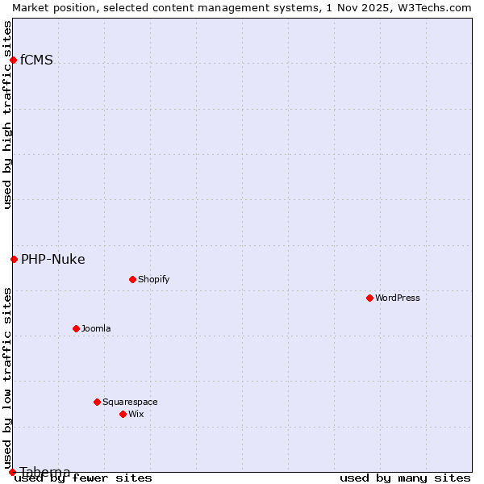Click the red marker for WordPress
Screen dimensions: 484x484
[x=369, y=298]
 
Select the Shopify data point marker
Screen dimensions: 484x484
[x=132, y=279]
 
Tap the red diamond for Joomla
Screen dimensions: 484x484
[x=76, y=328]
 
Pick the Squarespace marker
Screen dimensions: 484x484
[x=97, y=402]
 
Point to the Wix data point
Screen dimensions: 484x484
[x=123, y=414]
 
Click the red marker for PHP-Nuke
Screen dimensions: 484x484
[x=14, y=259]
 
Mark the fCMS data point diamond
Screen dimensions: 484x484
[x=13, y=60]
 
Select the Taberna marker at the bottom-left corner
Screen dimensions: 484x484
[x=12, y=472]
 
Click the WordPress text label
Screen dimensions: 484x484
[x=398, y=298]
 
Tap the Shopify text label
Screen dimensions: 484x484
[x=153, y=279]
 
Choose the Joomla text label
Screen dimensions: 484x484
[x=96, y=328]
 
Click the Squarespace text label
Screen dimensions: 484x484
[x=130, y=402]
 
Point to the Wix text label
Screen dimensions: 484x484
[x=136, y=414]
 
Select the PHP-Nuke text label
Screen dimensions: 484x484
[x=52, y=259]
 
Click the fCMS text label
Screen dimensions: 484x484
[x=36, y=60]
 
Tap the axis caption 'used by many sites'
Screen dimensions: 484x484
[x=405, y=478]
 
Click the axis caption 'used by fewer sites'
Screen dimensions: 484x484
[x=83, y=478]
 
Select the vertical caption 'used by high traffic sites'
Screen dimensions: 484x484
[x=7, y=115]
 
